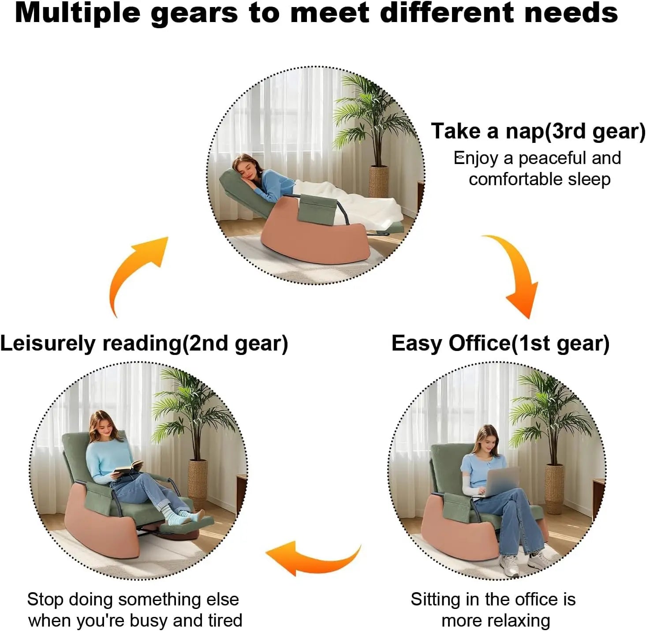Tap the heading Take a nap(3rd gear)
(538, 131)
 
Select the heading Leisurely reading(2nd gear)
(144, 344)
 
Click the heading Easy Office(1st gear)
(500, 344)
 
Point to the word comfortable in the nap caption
(515, 179)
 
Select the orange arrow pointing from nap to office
(513, 276)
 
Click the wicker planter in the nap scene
(379, 182)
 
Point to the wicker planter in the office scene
(554, 488)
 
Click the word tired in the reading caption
(225, 620)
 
